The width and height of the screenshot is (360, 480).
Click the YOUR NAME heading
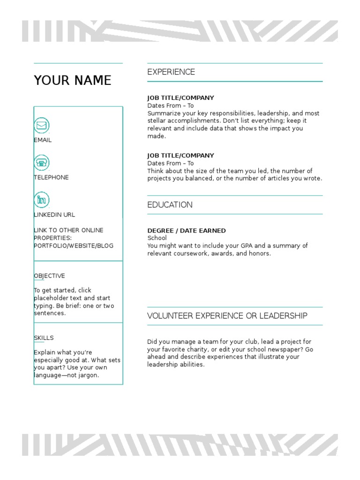tap(72, 81)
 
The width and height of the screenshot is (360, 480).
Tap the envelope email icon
tap(42, 126)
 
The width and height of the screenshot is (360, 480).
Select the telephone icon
tap(42, 163)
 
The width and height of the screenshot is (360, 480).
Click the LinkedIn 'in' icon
tap(42, 200)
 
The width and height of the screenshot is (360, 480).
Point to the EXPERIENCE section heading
tap(171, 72)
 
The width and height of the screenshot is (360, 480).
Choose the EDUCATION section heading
tap(170, 205)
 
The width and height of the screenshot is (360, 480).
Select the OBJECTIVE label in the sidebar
tap(49, 276)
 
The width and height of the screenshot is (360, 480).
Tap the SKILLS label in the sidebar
tap(44, 338)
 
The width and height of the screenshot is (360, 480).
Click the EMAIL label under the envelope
tap(43, 140)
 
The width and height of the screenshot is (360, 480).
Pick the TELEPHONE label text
tap(51, 177)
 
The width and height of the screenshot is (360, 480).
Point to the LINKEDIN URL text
tap(54, 215)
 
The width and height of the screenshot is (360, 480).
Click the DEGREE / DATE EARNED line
tap(186, 231)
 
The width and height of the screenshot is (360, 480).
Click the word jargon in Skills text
tap(87, 375)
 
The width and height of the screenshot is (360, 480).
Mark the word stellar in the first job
tap(157, 121)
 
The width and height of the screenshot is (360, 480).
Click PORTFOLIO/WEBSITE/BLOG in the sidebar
tap(73, 246)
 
